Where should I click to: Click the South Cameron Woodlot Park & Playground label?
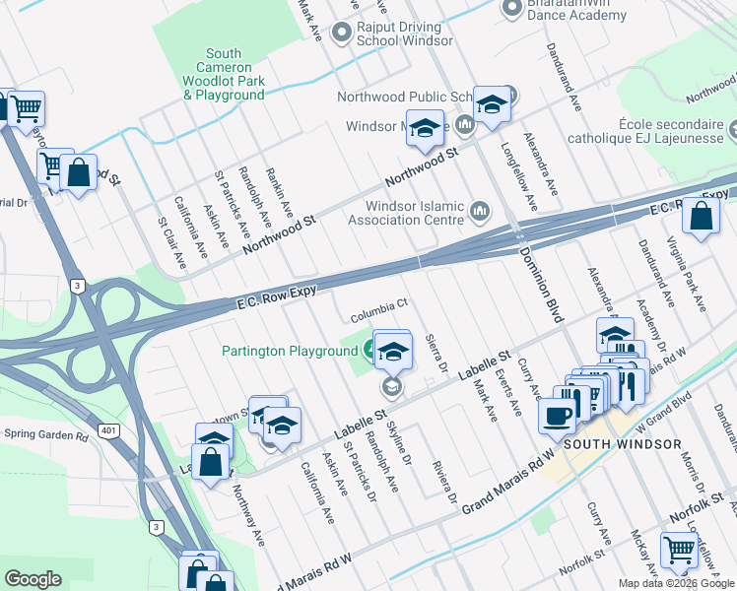coord(225,75)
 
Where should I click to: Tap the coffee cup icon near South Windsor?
coord(558,415)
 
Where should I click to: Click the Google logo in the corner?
coord(33,579)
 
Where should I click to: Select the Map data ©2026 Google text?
coord(677,583)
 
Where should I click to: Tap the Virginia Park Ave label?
coord(687,276)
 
